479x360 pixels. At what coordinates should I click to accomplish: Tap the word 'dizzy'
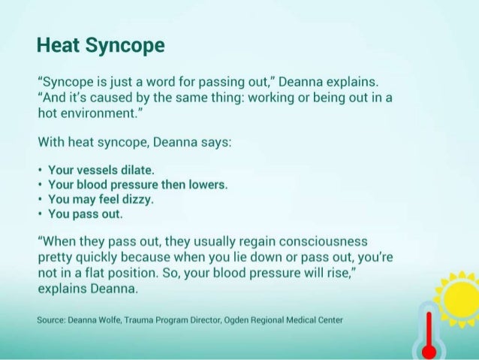pyautogui.click(x=138, y=199)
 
